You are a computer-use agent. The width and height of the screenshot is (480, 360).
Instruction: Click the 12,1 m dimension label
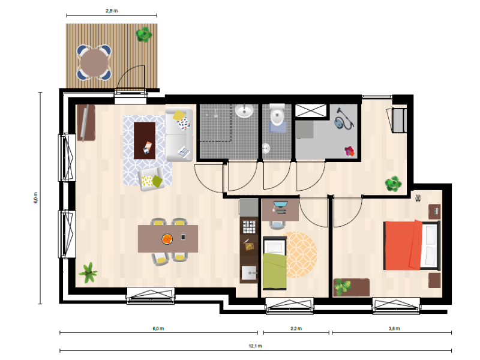256,346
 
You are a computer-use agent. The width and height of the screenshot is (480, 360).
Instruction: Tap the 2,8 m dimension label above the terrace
112,11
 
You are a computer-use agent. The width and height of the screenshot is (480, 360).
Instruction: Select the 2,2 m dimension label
296,328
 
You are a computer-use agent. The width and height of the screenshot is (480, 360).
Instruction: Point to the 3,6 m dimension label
394,328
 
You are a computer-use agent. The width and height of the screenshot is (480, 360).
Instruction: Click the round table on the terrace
94,64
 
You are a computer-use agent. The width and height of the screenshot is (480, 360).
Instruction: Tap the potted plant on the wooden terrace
144,34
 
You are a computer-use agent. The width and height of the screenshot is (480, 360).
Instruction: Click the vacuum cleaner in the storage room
344,119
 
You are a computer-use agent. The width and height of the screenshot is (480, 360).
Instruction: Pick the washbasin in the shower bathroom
244,111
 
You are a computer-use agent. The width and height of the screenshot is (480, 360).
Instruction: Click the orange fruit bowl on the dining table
167,239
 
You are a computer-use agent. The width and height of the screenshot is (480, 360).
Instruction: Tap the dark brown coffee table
145,140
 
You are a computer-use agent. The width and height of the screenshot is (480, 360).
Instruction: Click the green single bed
275,263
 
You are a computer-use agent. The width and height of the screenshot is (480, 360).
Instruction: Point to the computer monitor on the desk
280,204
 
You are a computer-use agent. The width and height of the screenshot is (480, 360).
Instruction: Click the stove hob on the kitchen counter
249,227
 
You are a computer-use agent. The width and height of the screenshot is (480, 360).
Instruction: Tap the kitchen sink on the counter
249,273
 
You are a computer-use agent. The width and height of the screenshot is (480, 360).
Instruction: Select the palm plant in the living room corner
88,272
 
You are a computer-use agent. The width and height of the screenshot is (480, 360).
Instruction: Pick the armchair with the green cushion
151,179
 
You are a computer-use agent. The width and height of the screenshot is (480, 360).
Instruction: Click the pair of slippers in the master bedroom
418,198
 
